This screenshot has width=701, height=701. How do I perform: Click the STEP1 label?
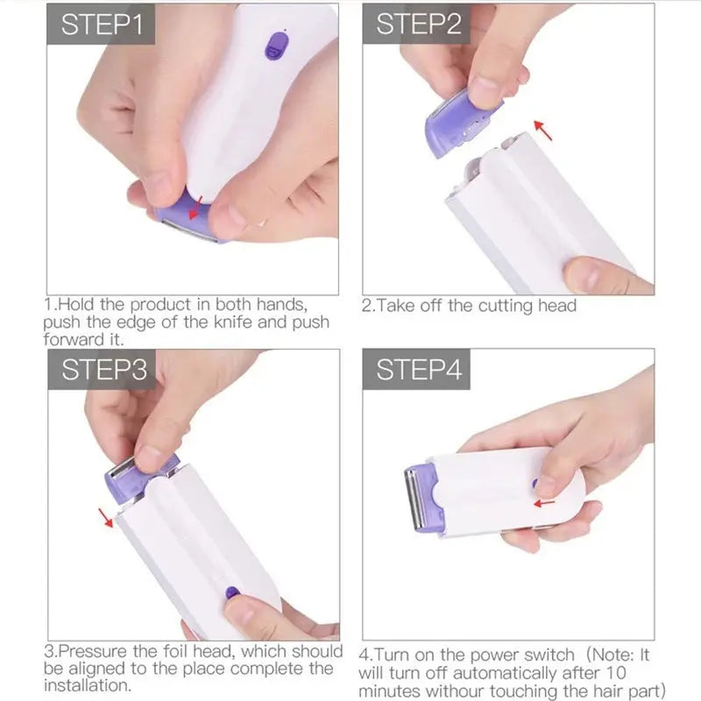[x=102, y=24]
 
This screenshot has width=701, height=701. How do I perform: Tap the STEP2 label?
[x=418, y=24]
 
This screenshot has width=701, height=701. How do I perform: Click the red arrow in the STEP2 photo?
[x=544, y=131]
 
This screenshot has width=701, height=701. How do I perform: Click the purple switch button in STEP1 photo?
[x=276, y=46]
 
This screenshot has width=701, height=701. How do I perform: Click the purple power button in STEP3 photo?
[x=232, y=592]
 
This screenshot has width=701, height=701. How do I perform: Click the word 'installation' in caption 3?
[x=87, y=686]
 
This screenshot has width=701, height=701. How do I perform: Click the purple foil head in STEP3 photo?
[x=131, y=477]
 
